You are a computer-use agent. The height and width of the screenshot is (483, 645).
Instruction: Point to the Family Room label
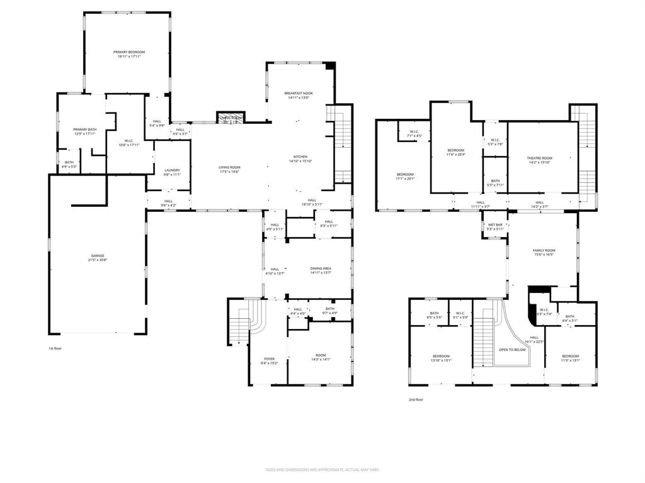pyautogui.click(x=545, y=252)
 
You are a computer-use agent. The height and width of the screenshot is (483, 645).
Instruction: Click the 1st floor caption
pyautogui.click(x=55, y=348)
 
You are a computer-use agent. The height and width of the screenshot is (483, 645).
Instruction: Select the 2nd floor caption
pyautogui.click(x=416, y=399)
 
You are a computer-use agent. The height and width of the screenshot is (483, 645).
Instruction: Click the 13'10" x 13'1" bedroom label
pyautogui.click(x=441, y=358)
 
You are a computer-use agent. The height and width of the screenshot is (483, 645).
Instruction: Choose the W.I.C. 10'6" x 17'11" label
pyautogui.click(x=128, y=143)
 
